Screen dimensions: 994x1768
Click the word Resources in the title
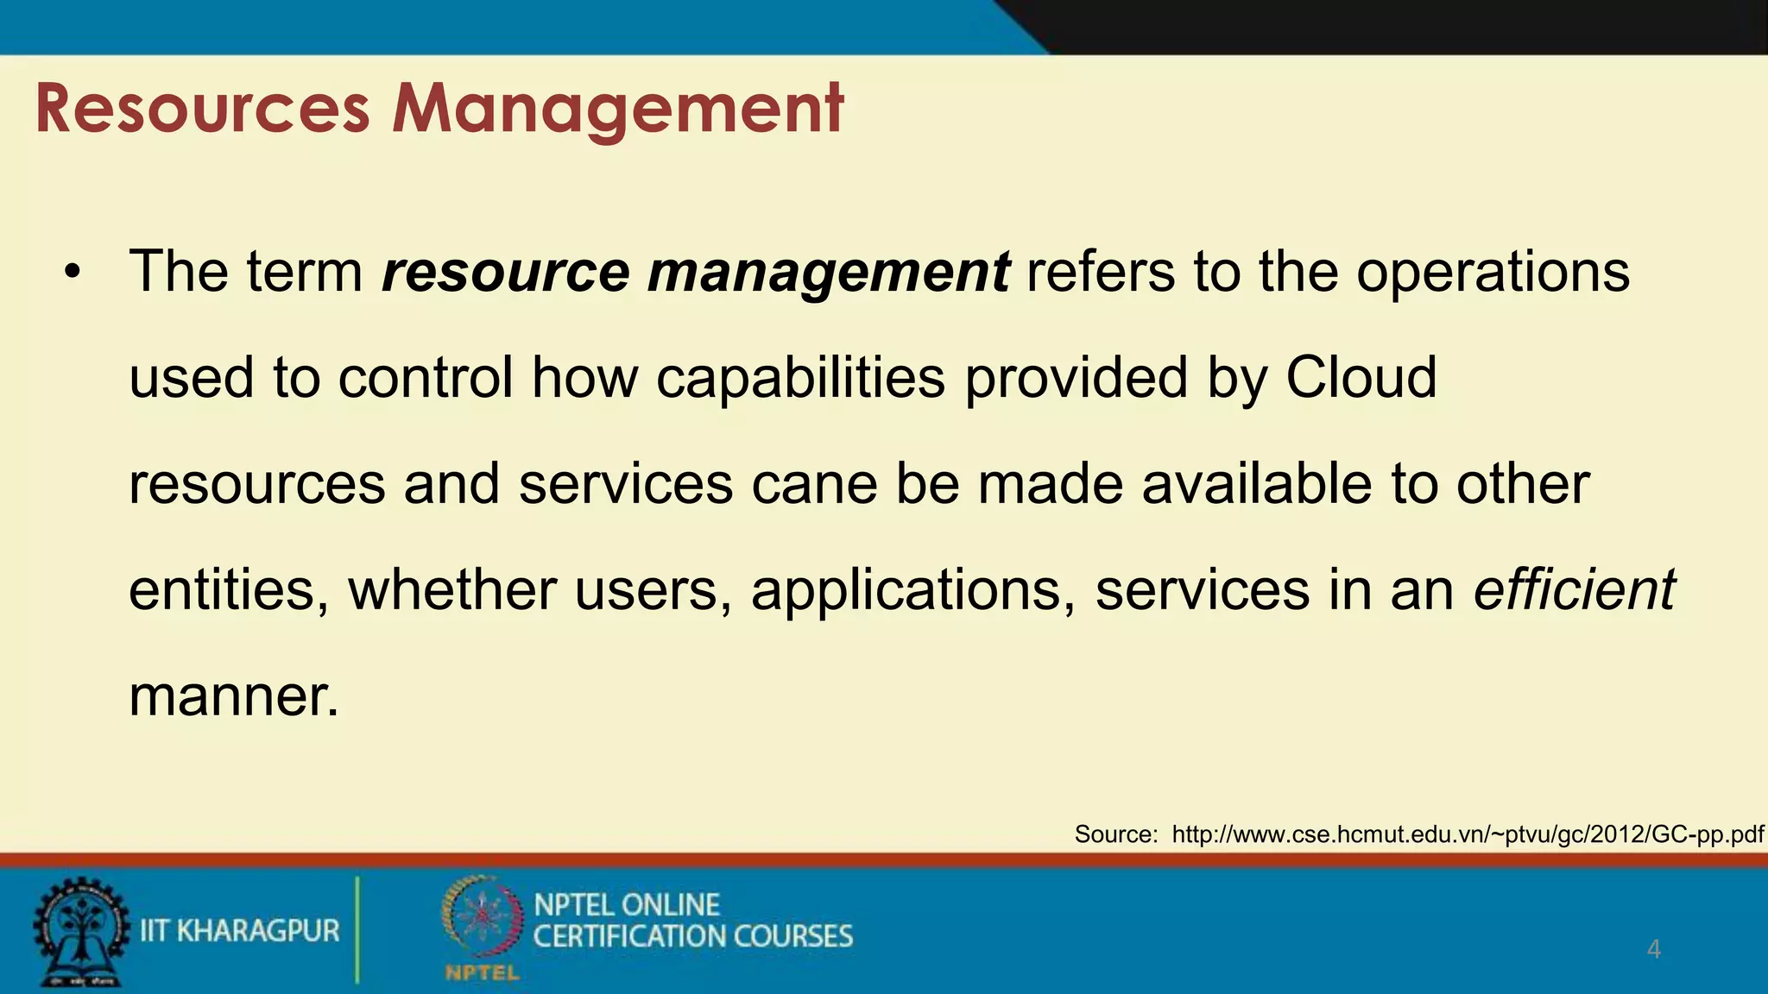tap(203, 110)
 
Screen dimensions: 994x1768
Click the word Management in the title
tap(617, 110)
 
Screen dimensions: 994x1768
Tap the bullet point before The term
tap(73, 274)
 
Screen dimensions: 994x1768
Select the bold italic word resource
tap(506, 272)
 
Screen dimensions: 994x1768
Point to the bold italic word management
tap(828, 274)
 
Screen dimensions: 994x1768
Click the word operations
tap(1493, 274)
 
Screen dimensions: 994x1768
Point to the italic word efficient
tap(1574, 590)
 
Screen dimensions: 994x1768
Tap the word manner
tap(233, 696)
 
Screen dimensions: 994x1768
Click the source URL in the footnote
tap(1468, 834)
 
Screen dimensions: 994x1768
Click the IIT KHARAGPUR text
tap(240, 931)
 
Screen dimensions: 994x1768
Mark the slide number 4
tap(1653, 949)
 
